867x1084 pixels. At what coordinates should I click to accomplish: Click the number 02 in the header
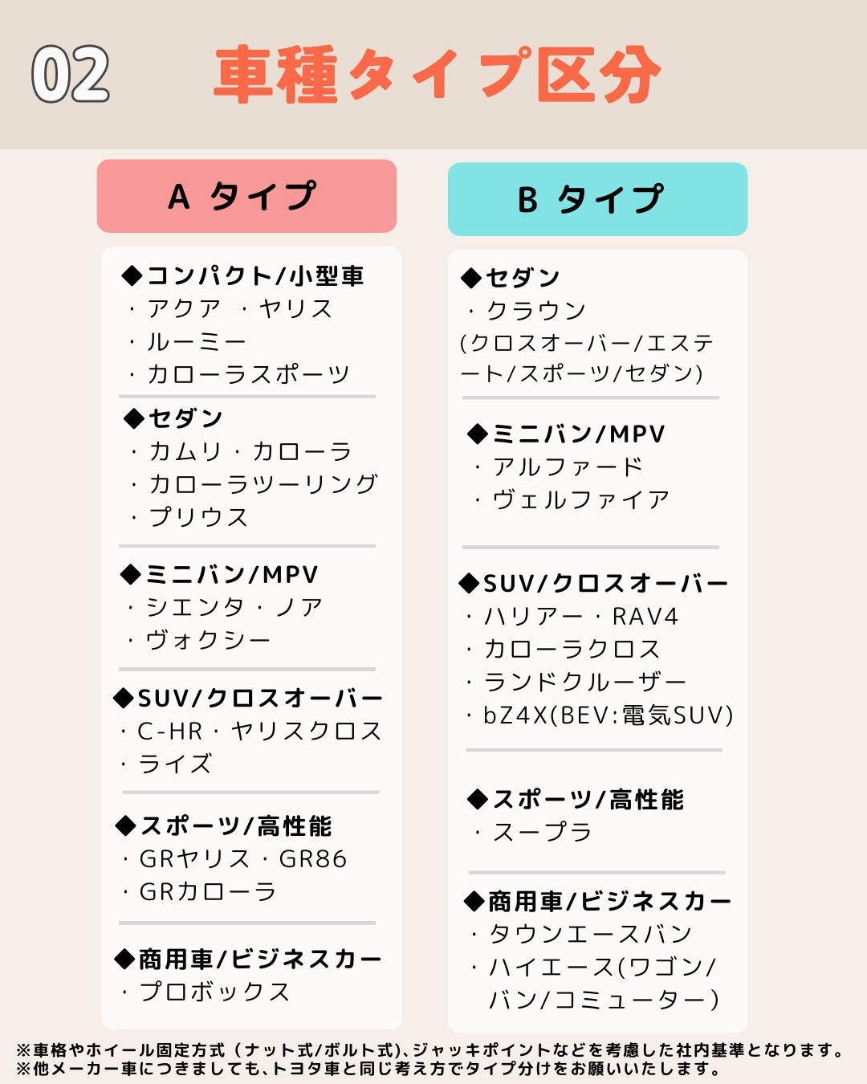coord(71,74)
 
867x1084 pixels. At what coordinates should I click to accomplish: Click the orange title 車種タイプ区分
coord(438,75)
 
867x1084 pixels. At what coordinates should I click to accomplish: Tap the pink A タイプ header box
coord(246,196)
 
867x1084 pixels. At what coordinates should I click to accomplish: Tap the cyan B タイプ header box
coord(597,199)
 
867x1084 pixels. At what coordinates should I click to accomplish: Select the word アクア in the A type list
coord(184,309)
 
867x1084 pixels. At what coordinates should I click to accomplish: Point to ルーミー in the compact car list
coord(197,342)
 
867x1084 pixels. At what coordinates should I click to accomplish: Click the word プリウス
coord(199,517)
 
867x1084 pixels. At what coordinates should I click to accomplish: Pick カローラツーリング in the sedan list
coord(263,484)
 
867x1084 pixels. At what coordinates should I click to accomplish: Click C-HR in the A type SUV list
coord(170,731)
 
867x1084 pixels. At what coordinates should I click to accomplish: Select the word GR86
coord(313,859)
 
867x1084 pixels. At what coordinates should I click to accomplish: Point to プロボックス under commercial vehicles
coord(214,992)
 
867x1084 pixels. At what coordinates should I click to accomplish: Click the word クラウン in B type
coord(536,311)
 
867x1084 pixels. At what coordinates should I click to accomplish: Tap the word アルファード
coord(568,467)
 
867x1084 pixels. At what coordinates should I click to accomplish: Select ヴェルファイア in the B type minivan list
coord(581,499)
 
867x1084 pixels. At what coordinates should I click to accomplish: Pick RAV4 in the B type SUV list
coord(645,617)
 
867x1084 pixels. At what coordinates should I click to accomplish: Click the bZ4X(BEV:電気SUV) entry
coord(608,715)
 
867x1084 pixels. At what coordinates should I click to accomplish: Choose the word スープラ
coord(543,832)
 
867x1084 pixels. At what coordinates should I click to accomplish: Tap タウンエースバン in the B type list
coord(591,934)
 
